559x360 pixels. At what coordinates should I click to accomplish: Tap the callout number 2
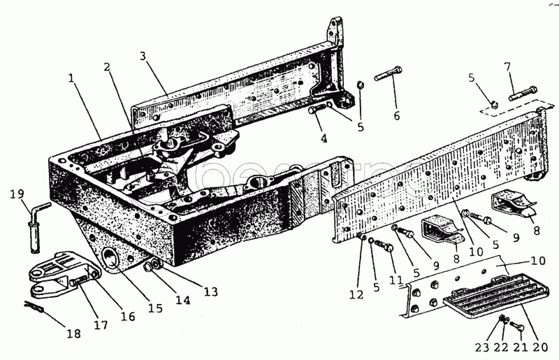pos(107,68)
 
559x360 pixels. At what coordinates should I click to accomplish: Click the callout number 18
pos(73,334)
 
